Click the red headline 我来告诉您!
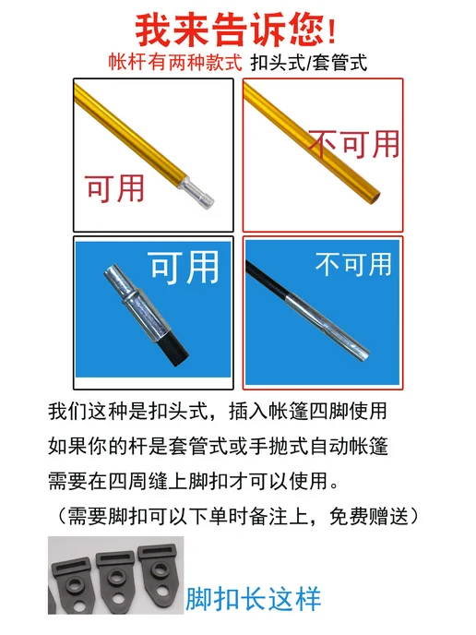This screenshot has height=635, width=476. pos(235,30)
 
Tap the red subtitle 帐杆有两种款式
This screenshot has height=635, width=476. pos(175,63)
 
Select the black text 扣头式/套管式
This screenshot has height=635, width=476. pos(309,63)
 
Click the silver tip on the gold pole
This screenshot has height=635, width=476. pos(197,193)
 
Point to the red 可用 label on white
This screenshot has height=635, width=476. pos(115,188)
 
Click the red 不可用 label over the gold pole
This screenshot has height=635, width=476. pos(354,144)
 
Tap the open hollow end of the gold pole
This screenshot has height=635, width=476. pos(376,197)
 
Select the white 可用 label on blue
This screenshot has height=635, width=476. pos(185,268)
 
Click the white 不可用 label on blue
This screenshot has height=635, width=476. pos(353,264)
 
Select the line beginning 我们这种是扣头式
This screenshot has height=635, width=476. pos(218,411)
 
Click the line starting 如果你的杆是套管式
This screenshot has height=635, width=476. pos(218,447)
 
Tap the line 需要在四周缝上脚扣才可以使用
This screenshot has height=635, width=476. pos(194,481)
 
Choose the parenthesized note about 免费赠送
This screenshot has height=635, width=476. pos(238,516)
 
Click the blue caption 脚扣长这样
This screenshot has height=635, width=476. pos(254,598)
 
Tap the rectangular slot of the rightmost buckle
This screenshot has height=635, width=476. pos(159,550)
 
